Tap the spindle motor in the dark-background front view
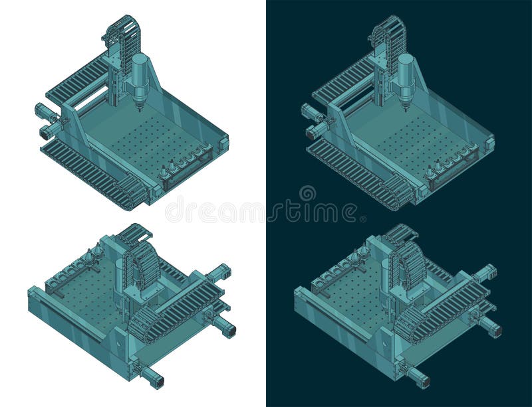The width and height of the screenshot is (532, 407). (x=406, y=73)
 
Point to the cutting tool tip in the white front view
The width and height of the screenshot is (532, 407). (x=140, y=108)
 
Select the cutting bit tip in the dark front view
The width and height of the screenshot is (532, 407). (x=406, y=108)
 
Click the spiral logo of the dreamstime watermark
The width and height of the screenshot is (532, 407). (x=307, y=194)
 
